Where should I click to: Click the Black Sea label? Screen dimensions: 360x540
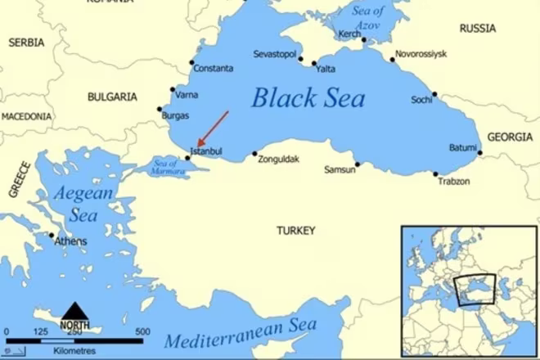point(308,98)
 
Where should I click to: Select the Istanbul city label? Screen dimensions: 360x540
point(205,151)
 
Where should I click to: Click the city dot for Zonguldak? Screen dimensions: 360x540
point(254,154)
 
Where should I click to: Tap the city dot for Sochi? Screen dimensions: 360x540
point(435,94)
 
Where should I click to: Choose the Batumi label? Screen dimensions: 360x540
point(462,147)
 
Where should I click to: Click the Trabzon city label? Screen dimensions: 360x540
point(454,181)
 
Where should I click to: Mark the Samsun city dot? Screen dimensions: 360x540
point(358,164)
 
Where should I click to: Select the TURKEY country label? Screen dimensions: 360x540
point(295,232)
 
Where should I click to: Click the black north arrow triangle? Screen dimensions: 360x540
point(76,311)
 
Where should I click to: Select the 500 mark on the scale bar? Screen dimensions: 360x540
point(142,331)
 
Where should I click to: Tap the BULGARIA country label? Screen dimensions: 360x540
point(112,97)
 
